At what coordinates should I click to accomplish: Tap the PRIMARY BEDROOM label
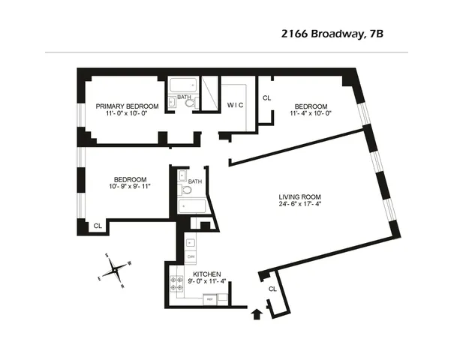127,106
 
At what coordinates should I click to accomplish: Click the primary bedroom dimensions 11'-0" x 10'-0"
127,115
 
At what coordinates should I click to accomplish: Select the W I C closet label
236,106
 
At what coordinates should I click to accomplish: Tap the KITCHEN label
206,274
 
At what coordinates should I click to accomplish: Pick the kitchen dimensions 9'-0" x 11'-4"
206,283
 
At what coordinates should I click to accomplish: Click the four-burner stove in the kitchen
177,283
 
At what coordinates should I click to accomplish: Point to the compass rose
117,271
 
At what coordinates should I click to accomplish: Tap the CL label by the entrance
272,289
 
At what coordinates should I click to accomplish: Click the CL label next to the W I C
266,97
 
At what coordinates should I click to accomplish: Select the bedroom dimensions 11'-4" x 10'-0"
311,114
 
